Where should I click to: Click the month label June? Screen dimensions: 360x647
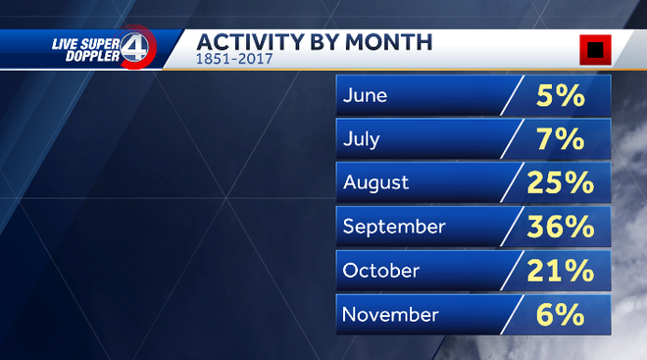365,96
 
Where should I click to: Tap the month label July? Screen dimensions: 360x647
362,139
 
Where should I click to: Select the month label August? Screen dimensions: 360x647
375,183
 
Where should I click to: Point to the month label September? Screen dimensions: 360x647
394,227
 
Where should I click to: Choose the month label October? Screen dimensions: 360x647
381,270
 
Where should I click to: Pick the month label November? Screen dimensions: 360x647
390,314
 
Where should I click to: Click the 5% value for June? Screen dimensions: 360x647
560,95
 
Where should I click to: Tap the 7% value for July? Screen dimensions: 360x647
560,139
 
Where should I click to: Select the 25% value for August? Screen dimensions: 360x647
560,182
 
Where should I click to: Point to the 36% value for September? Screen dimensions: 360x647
560,227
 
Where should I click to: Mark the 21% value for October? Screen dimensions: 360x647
560,270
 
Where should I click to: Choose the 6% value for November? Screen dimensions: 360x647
560,314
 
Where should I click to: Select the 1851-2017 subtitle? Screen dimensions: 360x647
232,60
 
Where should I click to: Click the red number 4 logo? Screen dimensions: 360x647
138,46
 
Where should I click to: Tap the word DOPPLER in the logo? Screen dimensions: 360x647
93,56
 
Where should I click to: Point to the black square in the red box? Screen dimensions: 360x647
594,49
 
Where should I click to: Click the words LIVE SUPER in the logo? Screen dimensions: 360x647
84,42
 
